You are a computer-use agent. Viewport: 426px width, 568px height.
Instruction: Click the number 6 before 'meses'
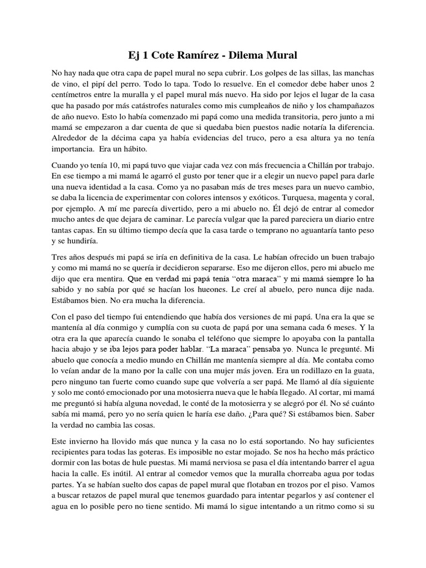(x=343, y=326)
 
